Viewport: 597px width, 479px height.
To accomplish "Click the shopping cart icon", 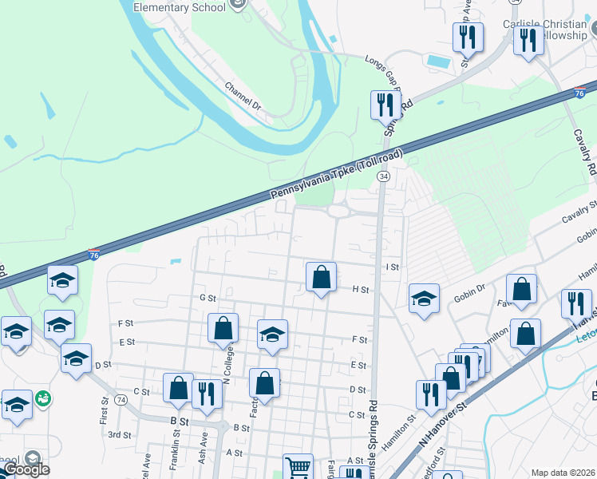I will [x=298, y=466].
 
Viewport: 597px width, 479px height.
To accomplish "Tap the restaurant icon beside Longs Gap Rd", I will [x=385, y=104].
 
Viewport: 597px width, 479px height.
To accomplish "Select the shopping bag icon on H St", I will [x=321, y=278].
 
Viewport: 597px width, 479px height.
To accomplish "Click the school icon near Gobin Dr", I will [x=424, y=299].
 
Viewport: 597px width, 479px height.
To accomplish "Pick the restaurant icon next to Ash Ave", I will [x=206, y=394].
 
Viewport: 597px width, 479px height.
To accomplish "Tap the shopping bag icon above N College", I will [x=223, y=328].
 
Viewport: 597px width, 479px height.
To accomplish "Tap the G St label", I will [x=208, y=298].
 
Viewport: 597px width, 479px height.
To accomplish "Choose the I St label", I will [x=391, y=267].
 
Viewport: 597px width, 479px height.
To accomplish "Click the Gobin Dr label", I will [x=470, y=289].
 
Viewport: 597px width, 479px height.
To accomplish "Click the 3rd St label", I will [x=120, y=435].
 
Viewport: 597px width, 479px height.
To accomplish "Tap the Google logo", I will [x=26, y=469].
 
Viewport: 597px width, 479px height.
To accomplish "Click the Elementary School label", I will [x=179, y=7].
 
